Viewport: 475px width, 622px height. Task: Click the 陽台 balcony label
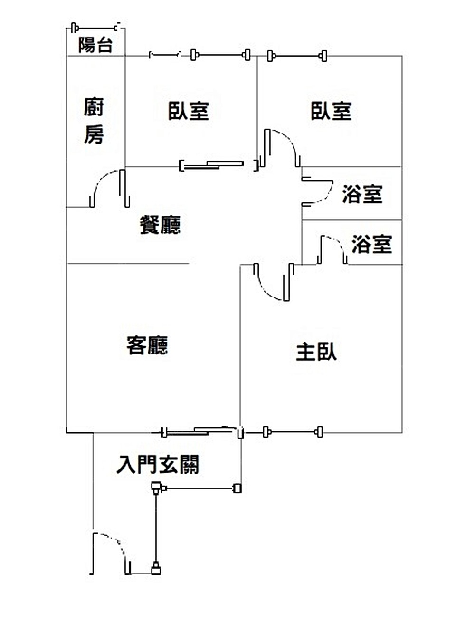point(95,45)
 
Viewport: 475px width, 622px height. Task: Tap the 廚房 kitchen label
point(94,121)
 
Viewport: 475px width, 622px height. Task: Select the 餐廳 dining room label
point(160,224)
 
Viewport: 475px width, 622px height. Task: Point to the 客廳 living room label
point(147,345)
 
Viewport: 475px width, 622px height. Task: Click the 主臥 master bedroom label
point(316,352)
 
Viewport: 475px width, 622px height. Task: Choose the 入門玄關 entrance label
point(158,465)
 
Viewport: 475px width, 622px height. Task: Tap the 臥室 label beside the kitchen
point(189,111)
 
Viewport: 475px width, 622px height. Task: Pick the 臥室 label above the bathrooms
point(331,111)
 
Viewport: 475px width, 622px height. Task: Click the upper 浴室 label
point(362,194)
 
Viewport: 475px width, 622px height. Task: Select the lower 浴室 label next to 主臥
point(372,244)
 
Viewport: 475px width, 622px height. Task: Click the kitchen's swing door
point(109,188)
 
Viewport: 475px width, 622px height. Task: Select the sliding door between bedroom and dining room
point(218,165)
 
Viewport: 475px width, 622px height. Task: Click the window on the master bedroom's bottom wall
point(293,432)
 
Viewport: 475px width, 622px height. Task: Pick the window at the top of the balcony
point(95,28)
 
